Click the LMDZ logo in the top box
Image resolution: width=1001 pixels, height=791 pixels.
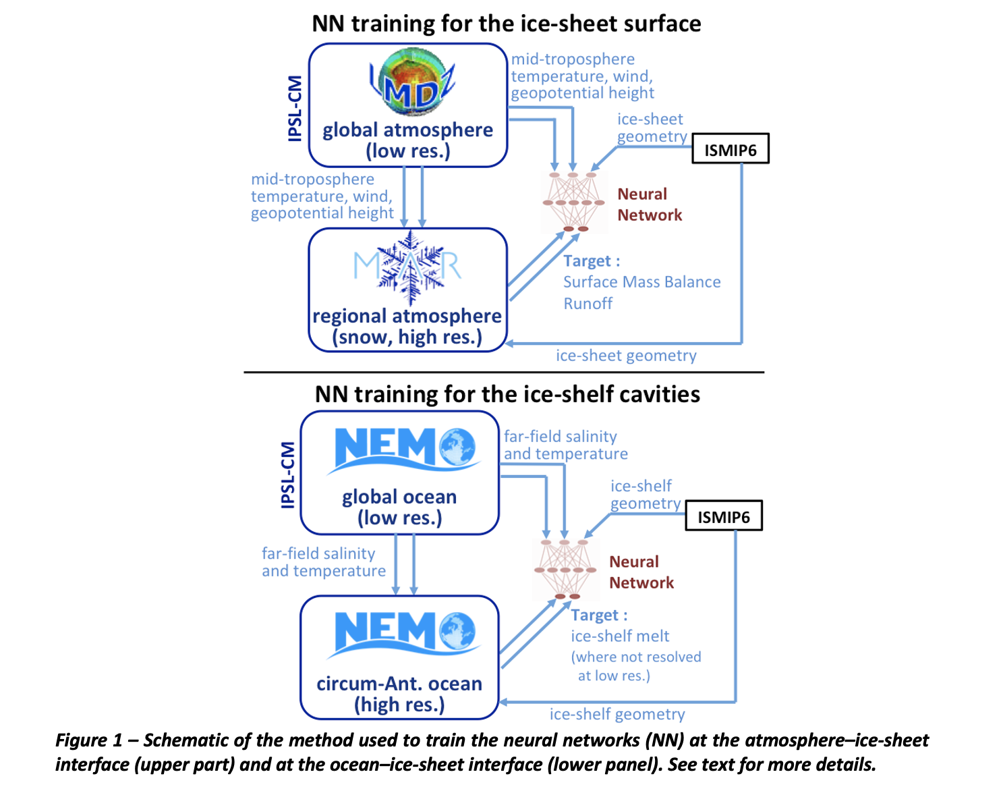click(x=412, y=82)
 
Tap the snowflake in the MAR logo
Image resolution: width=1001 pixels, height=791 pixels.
click(x=409, y=267)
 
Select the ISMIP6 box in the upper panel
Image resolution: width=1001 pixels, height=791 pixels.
click(x=730, y=150)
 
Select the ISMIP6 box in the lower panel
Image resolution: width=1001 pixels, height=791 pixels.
click(x=723, y=517)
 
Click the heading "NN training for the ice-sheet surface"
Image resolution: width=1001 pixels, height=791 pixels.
click(x=506, y=24)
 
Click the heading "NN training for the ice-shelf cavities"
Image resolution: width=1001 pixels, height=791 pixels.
click(x=507, y=394)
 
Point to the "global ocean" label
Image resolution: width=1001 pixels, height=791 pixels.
click(x=399, y=497)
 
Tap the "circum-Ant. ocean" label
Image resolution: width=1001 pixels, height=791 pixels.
click(x=399, y=684)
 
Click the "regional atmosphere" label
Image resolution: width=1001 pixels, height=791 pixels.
click(x=407, y=316)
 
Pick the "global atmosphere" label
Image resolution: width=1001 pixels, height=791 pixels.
click(x=407, y=130)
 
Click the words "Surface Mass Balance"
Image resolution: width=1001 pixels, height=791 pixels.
click(x=641, y=282)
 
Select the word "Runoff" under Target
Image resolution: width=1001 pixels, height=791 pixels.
click(x=588, y=304)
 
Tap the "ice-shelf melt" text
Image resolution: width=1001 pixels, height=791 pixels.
click(x=620, y=636)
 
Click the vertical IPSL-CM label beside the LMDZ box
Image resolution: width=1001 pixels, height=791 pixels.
click(x=295, y=108)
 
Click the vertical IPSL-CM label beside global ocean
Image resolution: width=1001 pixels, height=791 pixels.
click(x=288, y=474)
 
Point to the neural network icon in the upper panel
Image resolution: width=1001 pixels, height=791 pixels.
click(x=573, y=202)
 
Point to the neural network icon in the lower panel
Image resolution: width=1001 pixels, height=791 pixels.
click(x=565, y=570)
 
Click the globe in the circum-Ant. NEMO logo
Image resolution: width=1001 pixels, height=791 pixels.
click(x=457, y=630)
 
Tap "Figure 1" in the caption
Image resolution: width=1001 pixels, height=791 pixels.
click(x=88, y=740)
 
